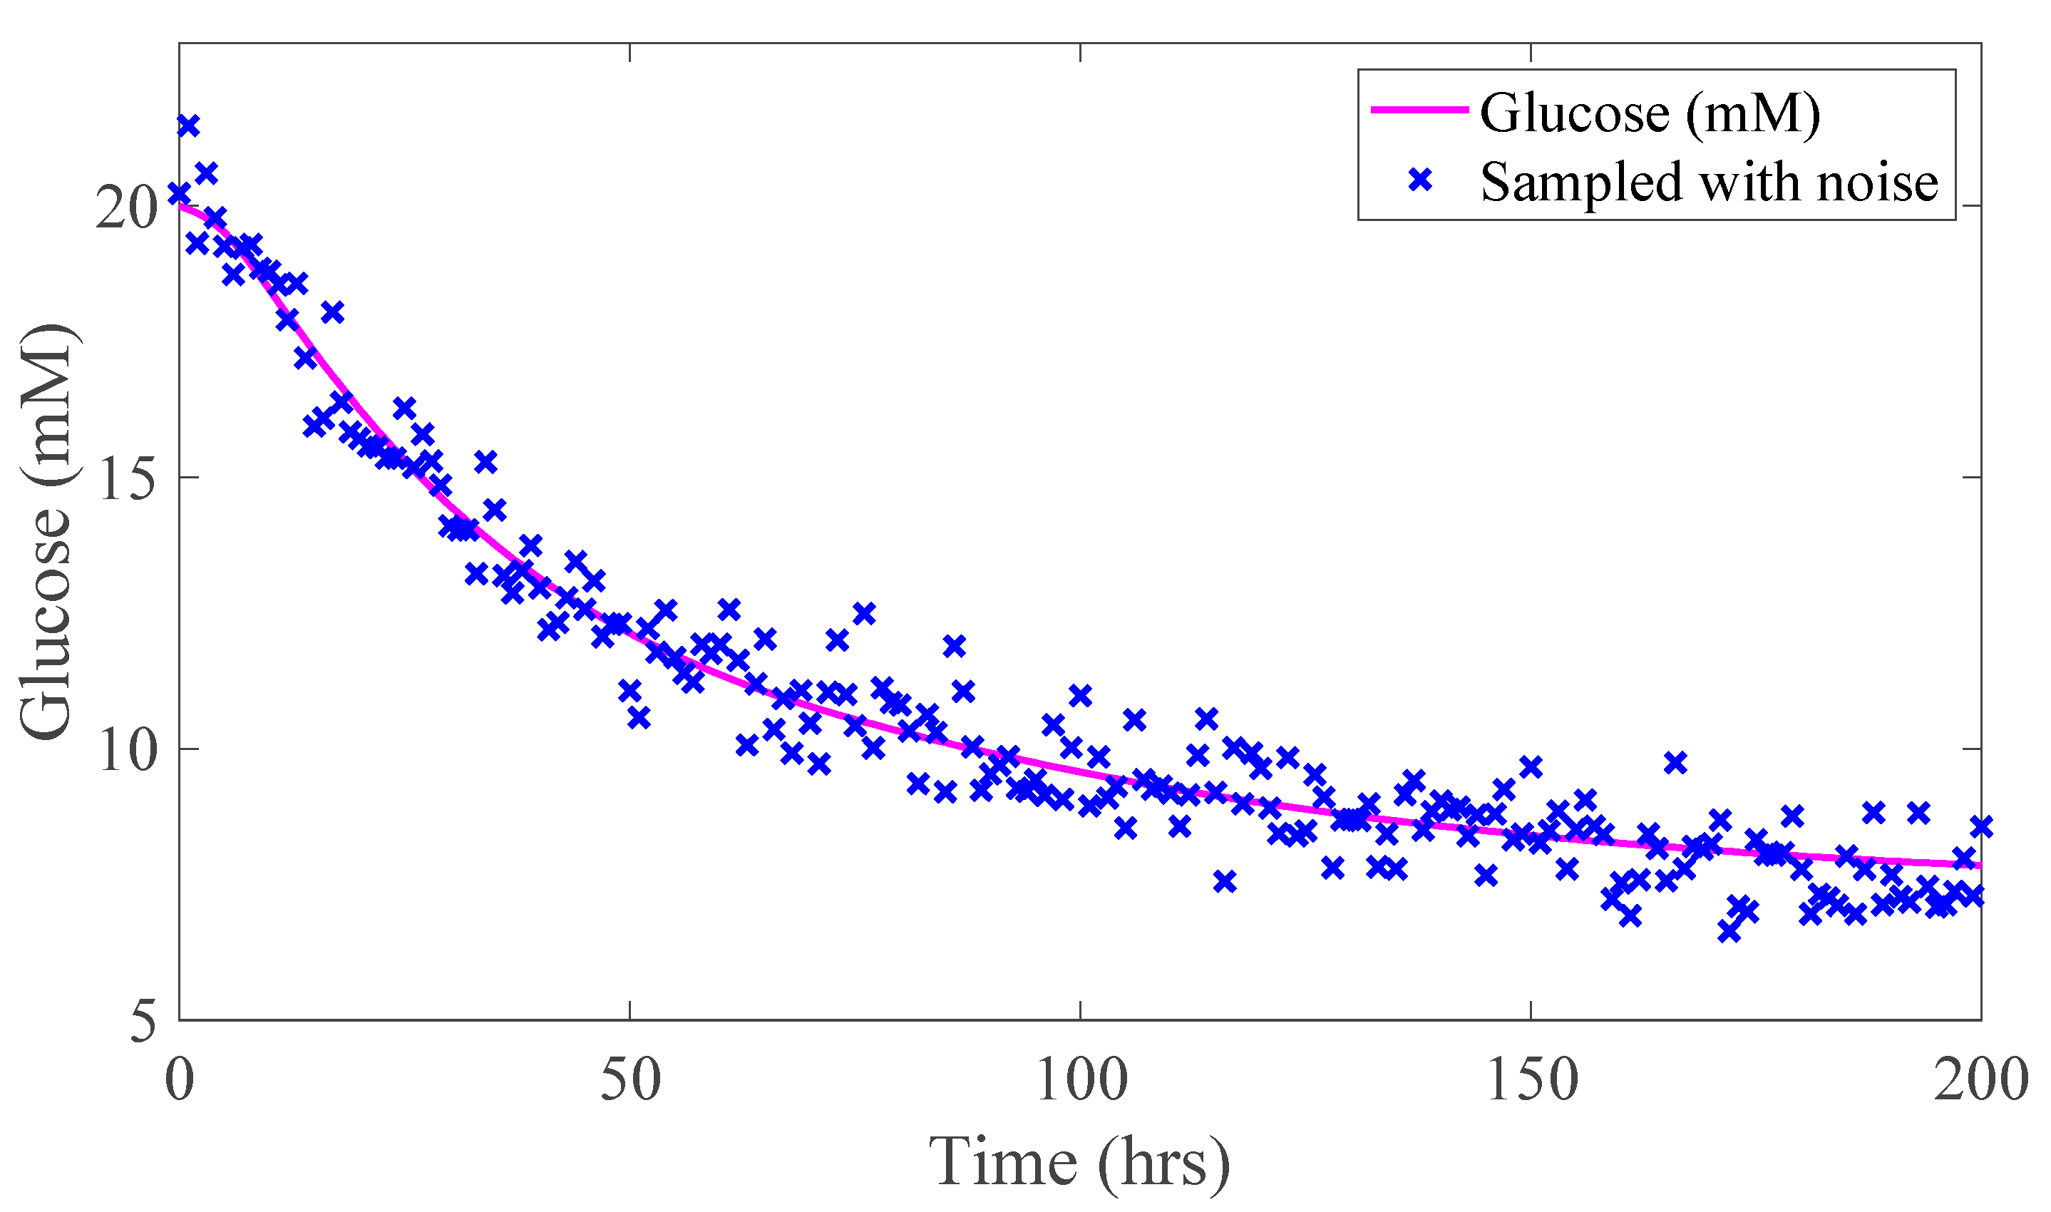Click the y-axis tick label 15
[125, 479]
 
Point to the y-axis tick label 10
[125, 751]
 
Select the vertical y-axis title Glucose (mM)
[46, 532]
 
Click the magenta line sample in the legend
[1418, 110]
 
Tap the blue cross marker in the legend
[1421, 180]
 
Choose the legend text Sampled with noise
[1709, 181]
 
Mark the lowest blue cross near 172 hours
[1729, 932]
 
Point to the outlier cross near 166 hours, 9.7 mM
[1675, 763]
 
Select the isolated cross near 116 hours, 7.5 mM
[1225, 881]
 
